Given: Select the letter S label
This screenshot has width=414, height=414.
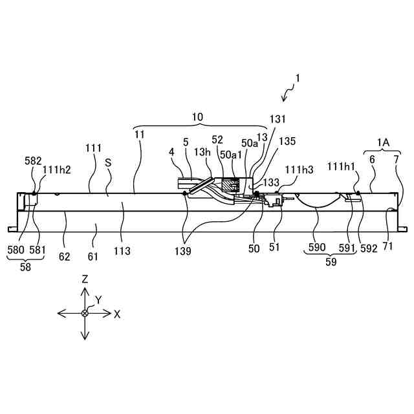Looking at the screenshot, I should pyautogui.click(x=108, y=164).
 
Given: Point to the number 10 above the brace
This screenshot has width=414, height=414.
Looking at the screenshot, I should pyautogui.click(x=198, y=117).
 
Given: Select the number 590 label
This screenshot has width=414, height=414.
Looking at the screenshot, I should pyautogui.click(x=317, y=248).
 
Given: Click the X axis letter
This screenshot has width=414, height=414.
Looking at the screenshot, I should pyautogui.click(x=117, y=314).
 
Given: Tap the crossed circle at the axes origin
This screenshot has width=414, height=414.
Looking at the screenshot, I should pyautogui.click(x=85, y=313).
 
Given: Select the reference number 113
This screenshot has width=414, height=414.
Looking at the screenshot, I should pyautogui.click(x=122, y=251).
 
